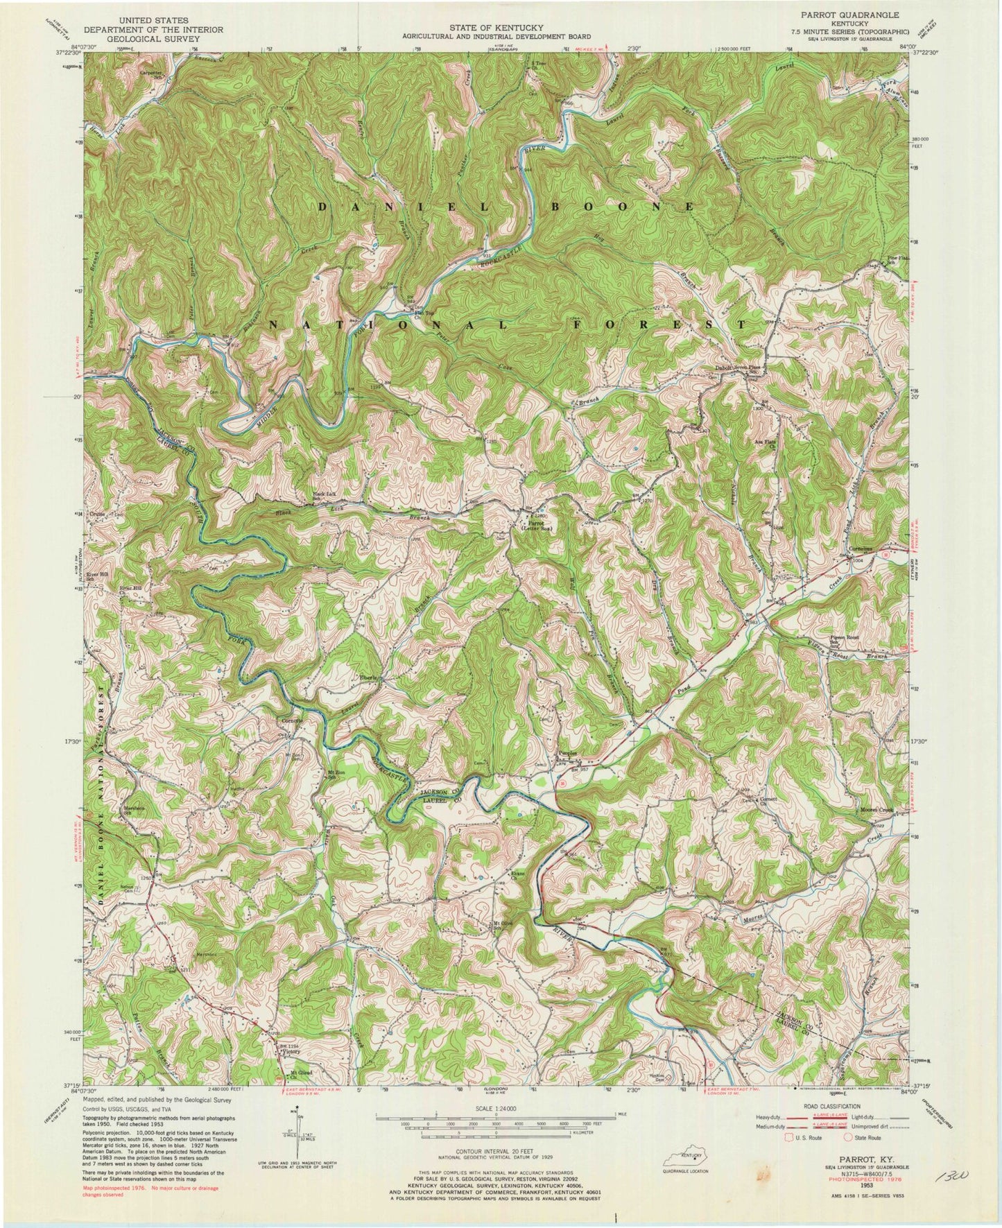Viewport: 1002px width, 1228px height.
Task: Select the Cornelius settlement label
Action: (859, 544)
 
